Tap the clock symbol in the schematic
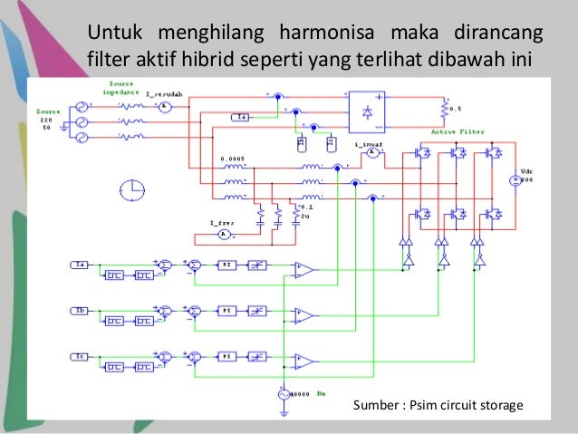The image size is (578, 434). (131, 189)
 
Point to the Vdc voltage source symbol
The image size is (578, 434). (516, 181)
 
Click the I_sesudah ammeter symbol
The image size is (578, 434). (165, 106)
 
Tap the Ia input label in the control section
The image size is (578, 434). (77, 264)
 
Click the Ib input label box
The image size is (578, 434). (77, 311)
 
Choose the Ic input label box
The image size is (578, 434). (77, 356)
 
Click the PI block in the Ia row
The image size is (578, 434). (226, 264)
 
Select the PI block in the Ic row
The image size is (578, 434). (226, 356)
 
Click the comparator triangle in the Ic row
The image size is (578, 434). (304, 362)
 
